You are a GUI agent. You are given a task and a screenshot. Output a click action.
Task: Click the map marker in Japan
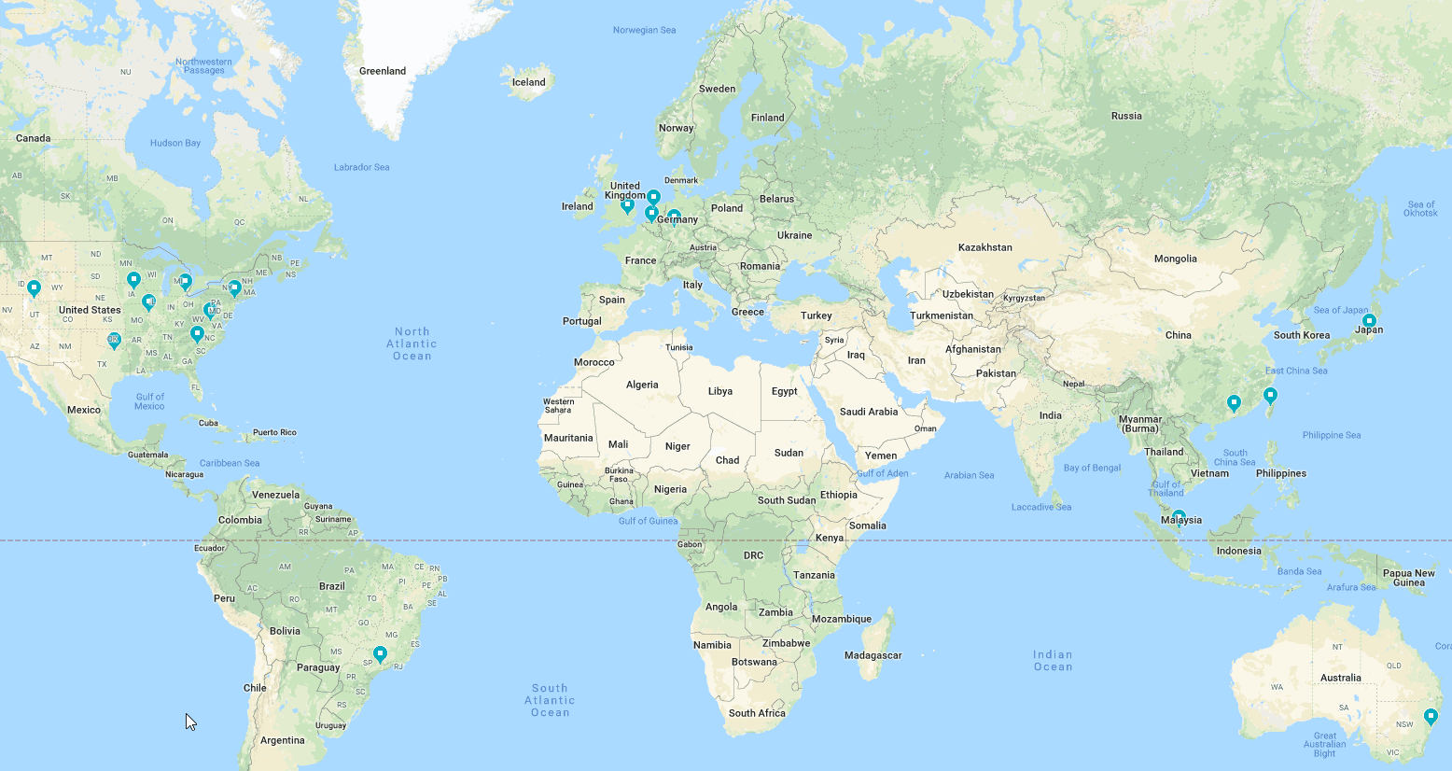[x=1369, y=320]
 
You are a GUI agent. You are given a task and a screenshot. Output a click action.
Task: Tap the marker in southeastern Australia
[x=1431, y=716]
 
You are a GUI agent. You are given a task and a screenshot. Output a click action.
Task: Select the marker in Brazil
[x=380, y=653]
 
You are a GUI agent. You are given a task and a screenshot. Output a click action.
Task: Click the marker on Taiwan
[x=1269, y=395]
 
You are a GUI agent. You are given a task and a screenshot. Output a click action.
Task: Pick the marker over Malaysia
[x=1179, y=516]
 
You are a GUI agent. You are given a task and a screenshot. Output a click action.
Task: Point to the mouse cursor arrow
[x=189, y=721]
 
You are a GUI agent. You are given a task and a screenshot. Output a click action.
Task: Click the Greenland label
[x=383, y=71]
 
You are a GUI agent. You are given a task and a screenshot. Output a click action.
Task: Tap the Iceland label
[x=528, y=82]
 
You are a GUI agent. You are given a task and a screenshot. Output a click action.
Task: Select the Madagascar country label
[x=873, y=655]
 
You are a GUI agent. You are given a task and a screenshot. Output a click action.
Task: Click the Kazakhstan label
[x=984, y=247]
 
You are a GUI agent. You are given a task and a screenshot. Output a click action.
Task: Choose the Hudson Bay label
[x=175, y=143]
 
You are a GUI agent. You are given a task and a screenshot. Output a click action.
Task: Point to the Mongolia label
[x=1175, y=259]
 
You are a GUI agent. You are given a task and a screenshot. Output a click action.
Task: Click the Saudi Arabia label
[x=868, y=412]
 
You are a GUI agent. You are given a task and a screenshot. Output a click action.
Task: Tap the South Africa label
[x=757, y=713]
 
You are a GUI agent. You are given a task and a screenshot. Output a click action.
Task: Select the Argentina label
[x=282, y=740]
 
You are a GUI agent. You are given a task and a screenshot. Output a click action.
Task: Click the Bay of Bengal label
[x=1092, y=468]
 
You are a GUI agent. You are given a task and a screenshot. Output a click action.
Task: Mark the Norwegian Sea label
[x=644, y=30]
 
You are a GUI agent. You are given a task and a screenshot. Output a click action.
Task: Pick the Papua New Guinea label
[x=1408, y=578]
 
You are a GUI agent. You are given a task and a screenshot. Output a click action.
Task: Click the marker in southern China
[x=1234, y=402]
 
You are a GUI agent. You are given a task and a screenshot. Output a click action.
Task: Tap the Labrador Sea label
[x=361, y=167]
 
